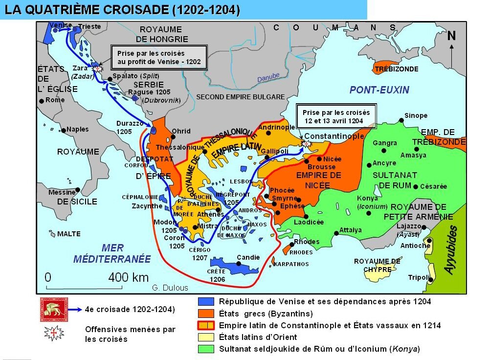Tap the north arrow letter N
click(x=451, y=36)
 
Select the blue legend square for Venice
click(x=206, y=302)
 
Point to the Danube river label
click(x=268, y=78)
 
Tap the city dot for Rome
click(x=41, y=100)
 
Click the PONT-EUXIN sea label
click(x=379, y=90)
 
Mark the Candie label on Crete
click(x=248, y=257)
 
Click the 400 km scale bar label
click(x=128, y=277)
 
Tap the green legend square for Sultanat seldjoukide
click(x=206, y=349)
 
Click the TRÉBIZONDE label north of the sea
click(x=396, y=69)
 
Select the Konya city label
click(x=367, y=198)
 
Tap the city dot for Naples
click(x=63, y=130)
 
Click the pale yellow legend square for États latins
click(x=206, y=337)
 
